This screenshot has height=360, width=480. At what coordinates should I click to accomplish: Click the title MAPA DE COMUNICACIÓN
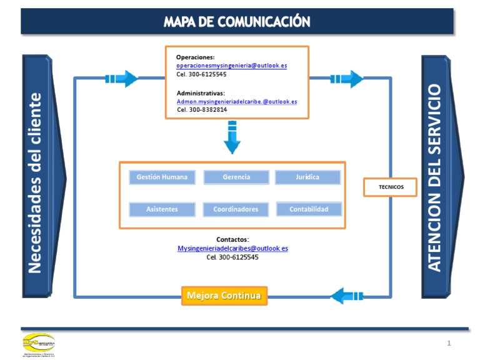click(x=237, y=22)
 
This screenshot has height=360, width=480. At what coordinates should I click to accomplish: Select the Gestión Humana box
click(x=162, y=177)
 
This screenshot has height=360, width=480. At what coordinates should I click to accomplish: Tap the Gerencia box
click(x=236, y=177)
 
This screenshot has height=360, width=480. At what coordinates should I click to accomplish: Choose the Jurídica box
click(x=307, y=177)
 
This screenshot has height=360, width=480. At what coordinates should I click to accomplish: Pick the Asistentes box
click(x=162, y=209)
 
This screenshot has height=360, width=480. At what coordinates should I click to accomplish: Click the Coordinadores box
click(x=236, y=209)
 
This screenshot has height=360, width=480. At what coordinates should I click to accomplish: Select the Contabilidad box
click(x=309, y=209)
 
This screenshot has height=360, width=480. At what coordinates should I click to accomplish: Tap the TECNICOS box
click(x=391, y=187)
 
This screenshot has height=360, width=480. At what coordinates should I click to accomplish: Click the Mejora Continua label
click(x=224, y=295)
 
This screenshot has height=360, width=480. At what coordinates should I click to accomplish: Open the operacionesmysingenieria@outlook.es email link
click(x=232, y=66)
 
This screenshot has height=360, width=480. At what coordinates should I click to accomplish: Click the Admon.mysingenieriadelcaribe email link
click(x=237, y=101)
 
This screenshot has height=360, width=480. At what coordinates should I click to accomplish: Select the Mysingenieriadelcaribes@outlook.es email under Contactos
click(x=232, y=248)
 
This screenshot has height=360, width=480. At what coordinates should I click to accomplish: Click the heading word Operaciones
click(x=196, y=57)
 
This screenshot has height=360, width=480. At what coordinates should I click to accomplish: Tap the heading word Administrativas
click(x=201, y=92)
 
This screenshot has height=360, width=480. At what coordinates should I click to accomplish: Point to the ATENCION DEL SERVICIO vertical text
click(x=435, y=178)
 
